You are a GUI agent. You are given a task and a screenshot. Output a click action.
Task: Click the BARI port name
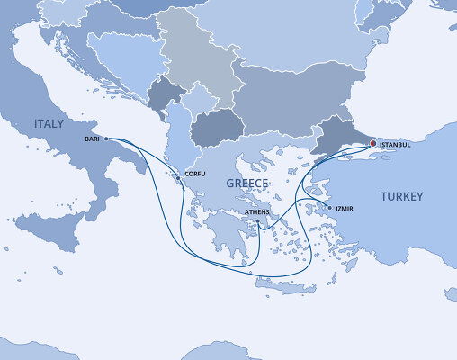92,139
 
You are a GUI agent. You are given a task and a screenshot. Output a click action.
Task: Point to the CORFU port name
195,173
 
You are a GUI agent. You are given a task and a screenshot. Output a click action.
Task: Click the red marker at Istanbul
372,143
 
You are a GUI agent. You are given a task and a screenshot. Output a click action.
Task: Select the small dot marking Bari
106,139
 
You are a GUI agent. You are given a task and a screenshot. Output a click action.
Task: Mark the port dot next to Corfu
178,178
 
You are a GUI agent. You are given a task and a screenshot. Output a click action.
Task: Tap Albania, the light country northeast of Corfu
181,144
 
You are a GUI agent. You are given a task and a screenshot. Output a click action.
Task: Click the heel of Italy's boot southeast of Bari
144,162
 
